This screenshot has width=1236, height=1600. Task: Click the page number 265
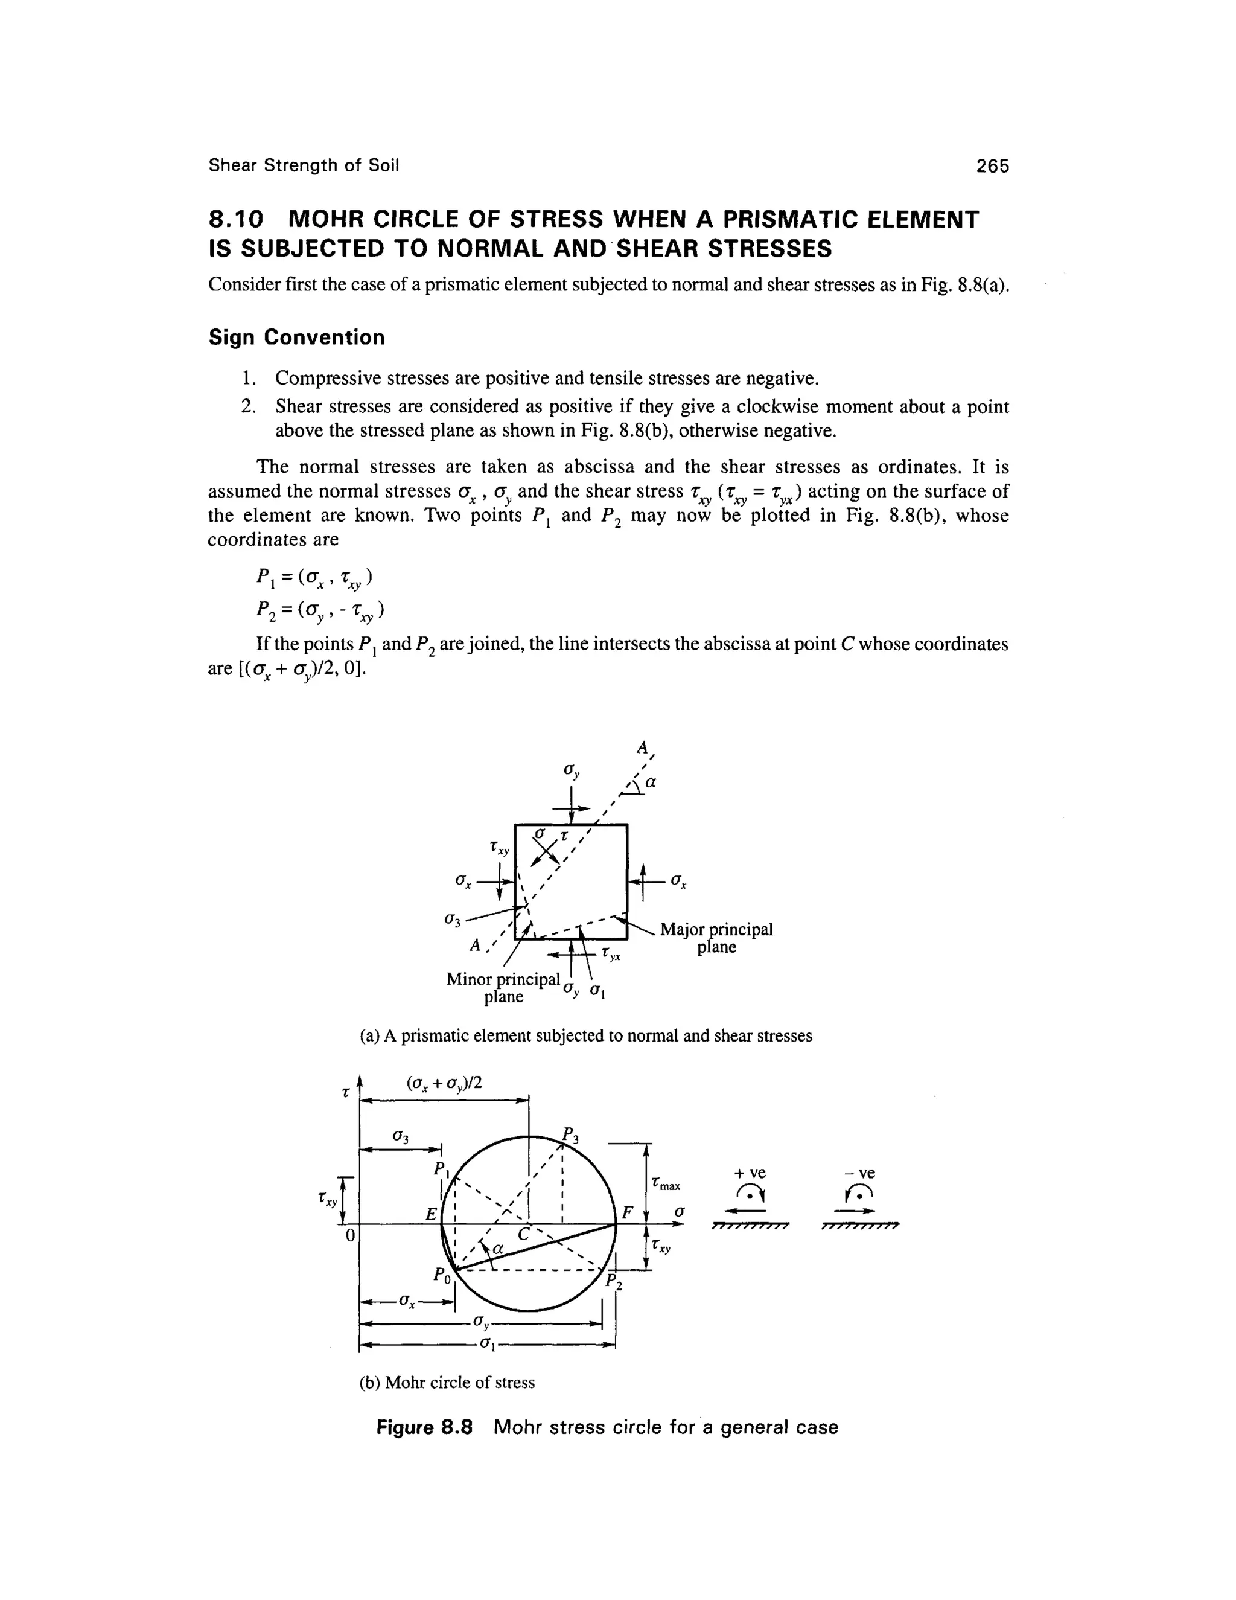992,166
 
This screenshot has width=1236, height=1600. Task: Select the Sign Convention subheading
296,338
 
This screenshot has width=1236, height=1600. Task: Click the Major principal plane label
716,938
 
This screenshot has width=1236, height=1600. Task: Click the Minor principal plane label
503,988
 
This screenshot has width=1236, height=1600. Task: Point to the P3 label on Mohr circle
570,1135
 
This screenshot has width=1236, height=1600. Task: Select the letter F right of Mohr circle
627,1212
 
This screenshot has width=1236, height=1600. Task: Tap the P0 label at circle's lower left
440,1275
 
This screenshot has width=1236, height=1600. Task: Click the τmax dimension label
666,1184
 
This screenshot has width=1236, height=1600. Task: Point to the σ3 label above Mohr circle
400,1136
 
